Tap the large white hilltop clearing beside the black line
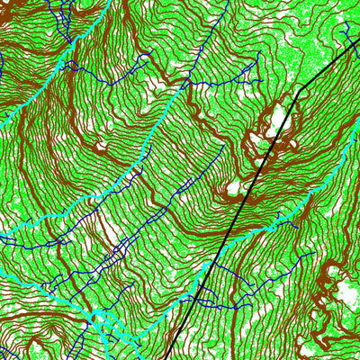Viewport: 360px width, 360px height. point(274,121)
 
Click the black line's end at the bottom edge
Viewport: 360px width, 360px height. point(166,358)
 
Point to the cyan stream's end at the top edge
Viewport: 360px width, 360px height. point(111,2)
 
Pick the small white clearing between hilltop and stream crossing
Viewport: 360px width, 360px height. point(233,188)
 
